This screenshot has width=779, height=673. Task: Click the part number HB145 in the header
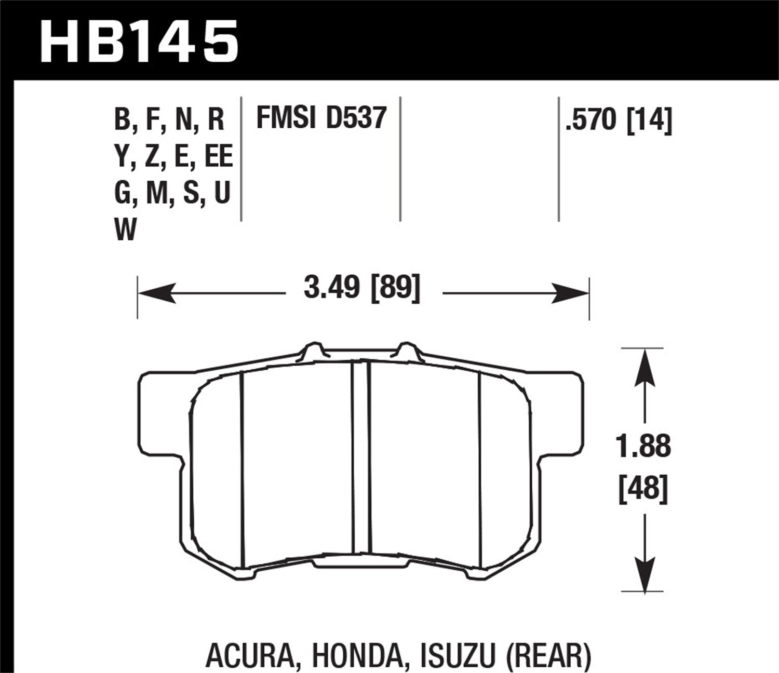tap(139, 41)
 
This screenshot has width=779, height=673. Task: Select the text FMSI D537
tap(321, 117)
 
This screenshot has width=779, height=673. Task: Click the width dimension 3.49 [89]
tap(361, 288)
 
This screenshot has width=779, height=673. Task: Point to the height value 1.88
tap(644, 447)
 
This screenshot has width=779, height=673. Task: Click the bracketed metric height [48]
tap(643, 489)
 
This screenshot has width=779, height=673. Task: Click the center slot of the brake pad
tap(360, 457)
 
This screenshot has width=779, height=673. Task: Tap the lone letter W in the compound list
tap(125, 230)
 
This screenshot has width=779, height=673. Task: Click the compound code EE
tap(219, 157)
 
